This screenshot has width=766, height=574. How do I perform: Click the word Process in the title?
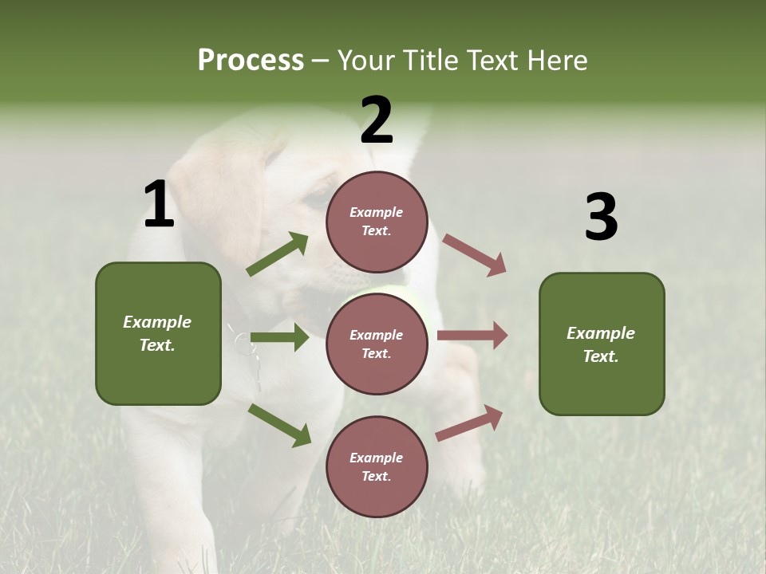tap(251, 61)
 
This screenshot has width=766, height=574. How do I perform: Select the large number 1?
tap(159, 206)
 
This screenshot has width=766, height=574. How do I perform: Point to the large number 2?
tap(377, 121)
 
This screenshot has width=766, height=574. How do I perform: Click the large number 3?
tap(601, 218)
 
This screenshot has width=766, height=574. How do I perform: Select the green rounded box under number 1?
tap(158, 333)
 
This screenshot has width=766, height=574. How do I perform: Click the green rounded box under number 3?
tap(602, 344)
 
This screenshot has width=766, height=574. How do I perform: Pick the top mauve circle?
tap(377, 222)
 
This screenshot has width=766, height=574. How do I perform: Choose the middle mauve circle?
tap(377, 344)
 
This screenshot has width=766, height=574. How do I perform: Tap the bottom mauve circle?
tap(377, 466)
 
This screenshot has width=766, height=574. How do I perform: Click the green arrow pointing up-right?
tap(278, 254)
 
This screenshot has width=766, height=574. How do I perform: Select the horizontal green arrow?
tap(279, 338)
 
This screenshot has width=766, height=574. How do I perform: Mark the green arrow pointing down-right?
tap(279, 424)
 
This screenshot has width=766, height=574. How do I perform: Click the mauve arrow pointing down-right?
tap(475, 254)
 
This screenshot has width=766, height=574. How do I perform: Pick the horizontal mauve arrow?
tap(472, 336)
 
